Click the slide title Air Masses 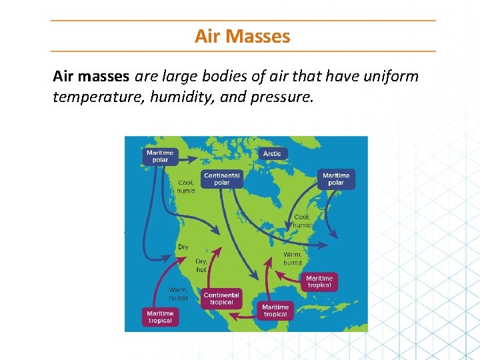click(x=242, y=36)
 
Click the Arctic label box click(x=272, y=153)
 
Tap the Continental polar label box click(x=222, y=179)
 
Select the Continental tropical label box click(x=221, y=299)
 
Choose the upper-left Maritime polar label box click(x=160, y=156)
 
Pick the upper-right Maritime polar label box click(x=336, y=179)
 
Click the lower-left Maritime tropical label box click(x=160, y=317)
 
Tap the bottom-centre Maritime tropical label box click(x=275, y=310)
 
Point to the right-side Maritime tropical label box click(x=319, y=281)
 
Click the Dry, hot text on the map click(x=201, y=265)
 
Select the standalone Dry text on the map click(x=183, y=247)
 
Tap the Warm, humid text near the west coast click(x=178, y=294)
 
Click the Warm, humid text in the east click(x=293, y=259)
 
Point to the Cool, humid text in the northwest click(x=186, y=186)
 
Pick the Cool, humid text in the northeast click(x=302, y=221)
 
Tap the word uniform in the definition click(x=391, y=76)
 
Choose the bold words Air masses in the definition click(x=92, y=76)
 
